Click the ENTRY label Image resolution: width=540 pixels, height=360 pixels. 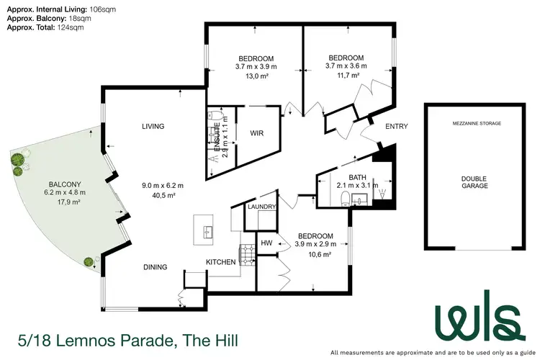397,127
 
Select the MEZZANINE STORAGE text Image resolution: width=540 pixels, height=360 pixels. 475,124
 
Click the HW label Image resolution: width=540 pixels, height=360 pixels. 265,243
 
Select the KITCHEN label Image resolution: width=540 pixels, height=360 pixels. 221,262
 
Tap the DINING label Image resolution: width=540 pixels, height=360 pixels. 155,267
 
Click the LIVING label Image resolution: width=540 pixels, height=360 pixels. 153,127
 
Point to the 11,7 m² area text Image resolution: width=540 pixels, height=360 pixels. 346,75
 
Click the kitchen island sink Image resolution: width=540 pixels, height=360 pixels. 207,232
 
